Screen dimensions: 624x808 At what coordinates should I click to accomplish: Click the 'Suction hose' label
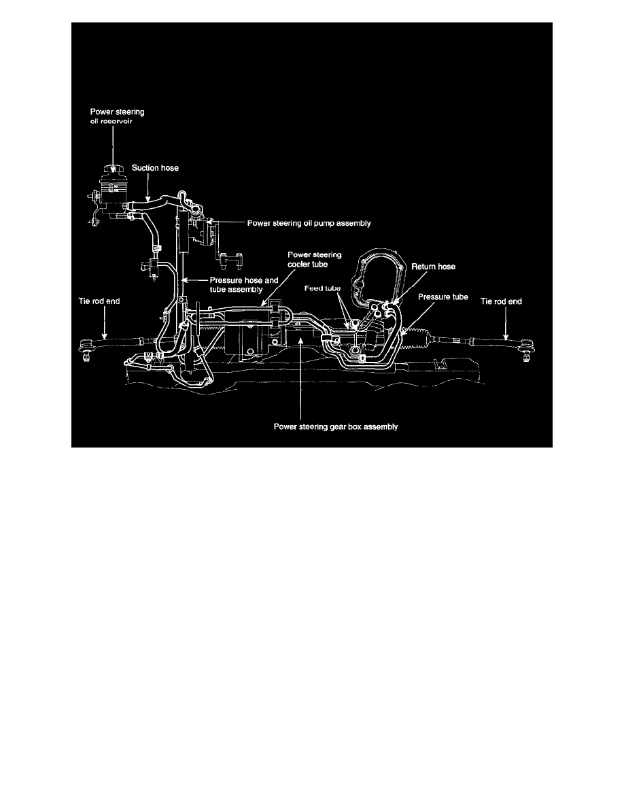coord(155,168)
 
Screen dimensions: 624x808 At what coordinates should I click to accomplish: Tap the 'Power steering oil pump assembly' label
coord(309,223)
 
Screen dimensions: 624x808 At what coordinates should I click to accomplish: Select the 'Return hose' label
coord(434,267)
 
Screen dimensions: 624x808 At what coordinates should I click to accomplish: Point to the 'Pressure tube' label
coord(443,297)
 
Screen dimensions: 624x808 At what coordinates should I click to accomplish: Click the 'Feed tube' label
coord(322,288)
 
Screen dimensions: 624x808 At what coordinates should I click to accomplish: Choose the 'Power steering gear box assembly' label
coord(336,426)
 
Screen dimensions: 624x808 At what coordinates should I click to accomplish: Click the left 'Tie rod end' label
coord(99,301)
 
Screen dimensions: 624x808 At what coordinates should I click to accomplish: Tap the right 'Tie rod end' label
coord(501,301)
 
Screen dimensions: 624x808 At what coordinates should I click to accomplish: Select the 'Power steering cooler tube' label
coord(314,259)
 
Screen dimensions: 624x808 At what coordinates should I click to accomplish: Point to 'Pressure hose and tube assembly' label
coord(243,284)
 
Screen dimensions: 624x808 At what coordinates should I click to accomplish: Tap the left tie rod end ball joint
coord(85,347)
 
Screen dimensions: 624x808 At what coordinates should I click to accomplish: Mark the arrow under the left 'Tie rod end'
coord(105,322)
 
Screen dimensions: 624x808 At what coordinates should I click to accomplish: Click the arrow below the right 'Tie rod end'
coord(506,324)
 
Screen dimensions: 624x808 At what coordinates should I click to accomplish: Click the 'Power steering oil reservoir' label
coord(118,116)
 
